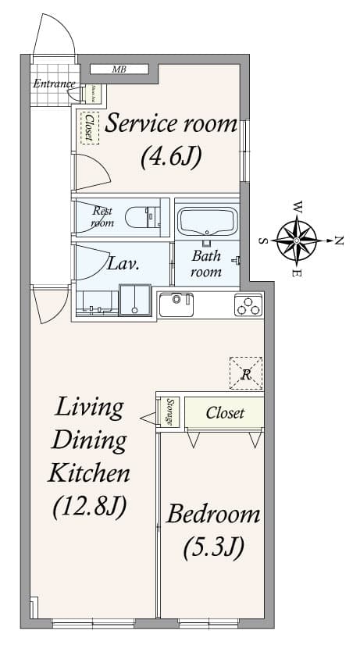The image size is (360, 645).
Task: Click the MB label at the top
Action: tap(119, 69)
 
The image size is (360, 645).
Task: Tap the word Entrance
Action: tap(54, 84)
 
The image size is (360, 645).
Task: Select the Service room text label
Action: tap(171, 123)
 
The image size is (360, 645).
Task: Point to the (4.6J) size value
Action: tap(171, 156)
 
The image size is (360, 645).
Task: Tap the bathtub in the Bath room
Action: tap(207, 221)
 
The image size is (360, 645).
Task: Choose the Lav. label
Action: tap(123, 263)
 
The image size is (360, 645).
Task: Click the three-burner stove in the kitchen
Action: tap(248, 305)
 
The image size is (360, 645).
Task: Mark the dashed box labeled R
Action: tap(246, 373)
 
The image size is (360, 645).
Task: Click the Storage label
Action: tap(170, 412)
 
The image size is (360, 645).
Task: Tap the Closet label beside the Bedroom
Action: tap(225, 413)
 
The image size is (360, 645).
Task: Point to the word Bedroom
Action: tap(213, 515)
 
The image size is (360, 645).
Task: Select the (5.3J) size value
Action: tap(213, 547)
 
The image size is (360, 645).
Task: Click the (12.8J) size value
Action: tap(89, 507)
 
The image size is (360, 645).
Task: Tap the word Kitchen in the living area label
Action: tap(89, 472)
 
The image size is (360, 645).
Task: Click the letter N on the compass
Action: tap(338, 241)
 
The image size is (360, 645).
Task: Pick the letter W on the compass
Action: tap(298, 207)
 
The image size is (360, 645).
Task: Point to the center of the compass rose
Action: tap(297, 240)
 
